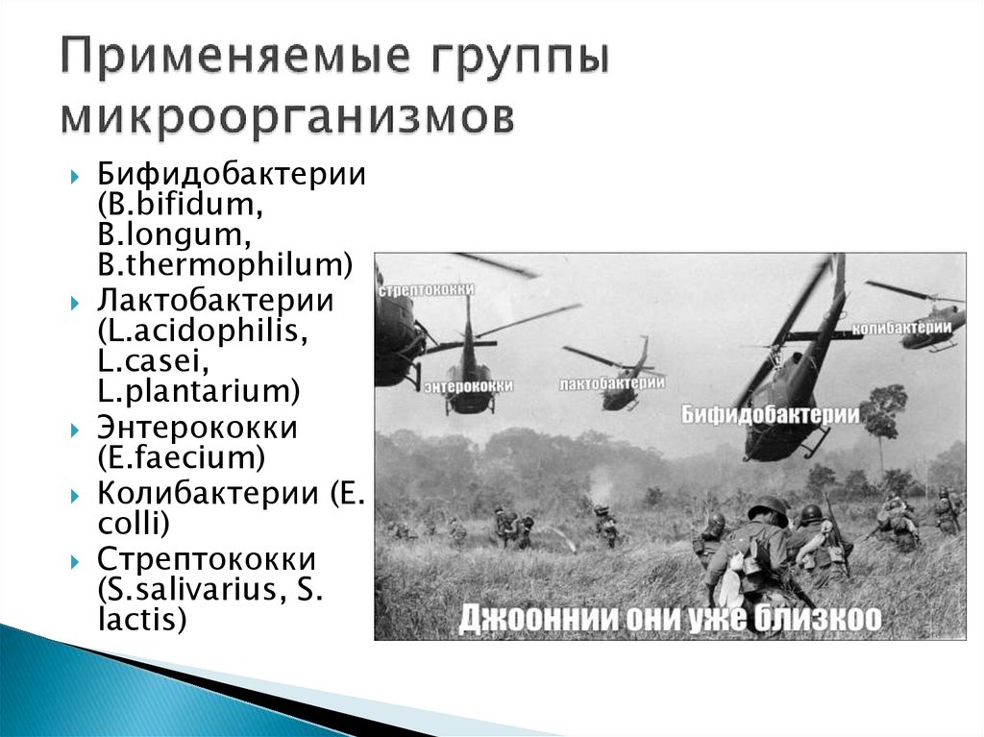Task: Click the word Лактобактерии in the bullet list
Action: pos(214,300)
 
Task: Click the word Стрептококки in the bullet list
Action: pos(207,559)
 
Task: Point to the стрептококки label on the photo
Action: pos(415,289)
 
